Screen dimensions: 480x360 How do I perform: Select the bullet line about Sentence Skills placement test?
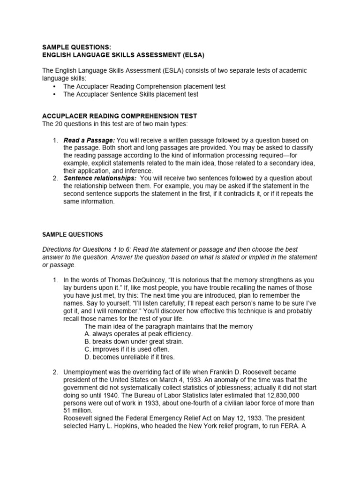(131, 94)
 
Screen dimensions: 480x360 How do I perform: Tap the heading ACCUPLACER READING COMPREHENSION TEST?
(120, 116)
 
